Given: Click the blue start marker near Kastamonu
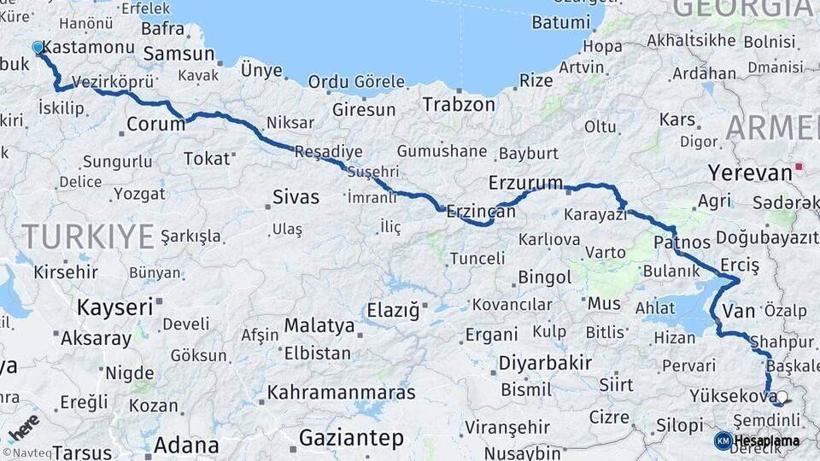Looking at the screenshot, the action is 38,48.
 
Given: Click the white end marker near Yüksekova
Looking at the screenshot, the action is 781,397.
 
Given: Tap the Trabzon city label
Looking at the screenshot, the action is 459,105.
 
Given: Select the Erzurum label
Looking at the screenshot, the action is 525,183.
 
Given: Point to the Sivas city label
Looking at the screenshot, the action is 296,197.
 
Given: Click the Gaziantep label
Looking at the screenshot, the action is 351,439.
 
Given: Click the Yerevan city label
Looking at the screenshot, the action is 749,173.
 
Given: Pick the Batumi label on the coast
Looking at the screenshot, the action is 560,23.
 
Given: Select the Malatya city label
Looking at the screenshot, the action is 319,325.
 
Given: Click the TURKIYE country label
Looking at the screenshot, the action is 88,236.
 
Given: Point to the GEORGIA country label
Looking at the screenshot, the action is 743,9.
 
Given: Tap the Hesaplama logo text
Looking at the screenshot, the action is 766,441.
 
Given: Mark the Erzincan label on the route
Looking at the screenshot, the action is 481,211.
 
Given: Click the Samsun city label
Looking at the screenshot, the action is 179,55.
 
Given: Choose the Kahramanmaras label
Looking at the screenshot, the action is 341,393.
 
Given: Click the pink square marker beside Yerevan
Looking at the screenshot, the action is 799,166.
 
